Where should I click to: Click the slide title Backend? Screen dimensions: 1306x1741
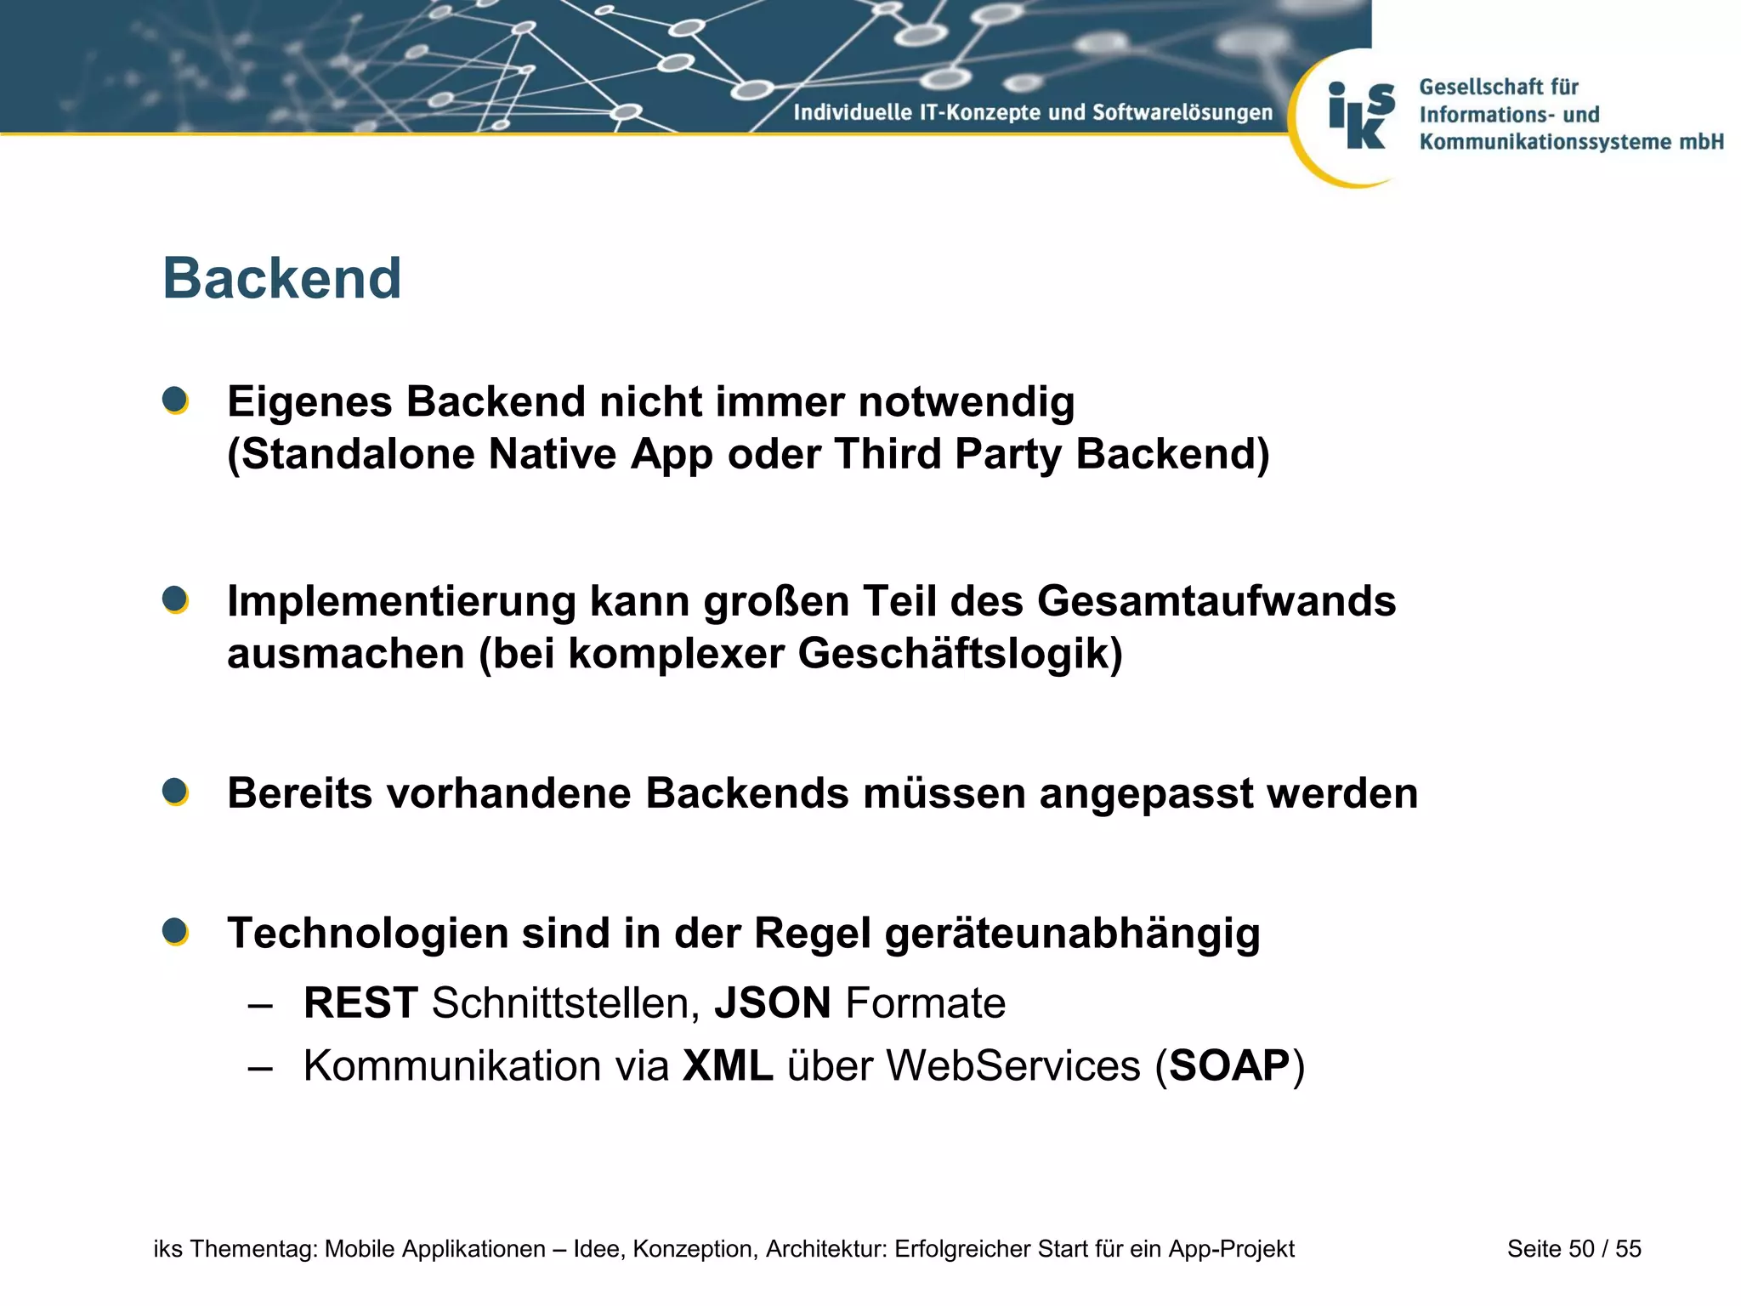[x=281, y=279]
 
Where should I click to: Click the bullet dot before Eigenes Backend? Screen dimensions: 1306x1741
[x=175, y=400]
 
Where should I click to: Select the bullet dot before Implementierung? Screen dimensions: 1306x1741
[x=175, y=599]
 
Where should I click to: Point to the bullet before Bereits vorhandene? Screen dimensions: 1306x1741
[x=175, y=792]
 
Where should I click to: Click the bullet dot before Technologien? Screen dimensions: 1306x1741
[x=175, y=932]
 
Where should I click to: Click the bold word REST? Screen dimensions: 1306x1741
[x=360, y=1003]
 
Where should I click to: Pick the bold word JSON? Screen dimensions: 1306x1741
[x=772, y=1003]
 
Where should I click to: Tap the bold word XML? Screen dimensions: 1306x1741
[x=728, y=1066]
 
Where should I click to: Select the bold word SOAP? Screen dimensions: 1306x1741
[x=1229, y=1066]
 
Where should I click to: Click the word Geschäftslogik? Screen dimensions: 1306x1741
[x=959, y=655]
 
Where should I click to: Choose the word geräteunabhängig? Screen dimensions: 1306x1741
[x=1072, y=934]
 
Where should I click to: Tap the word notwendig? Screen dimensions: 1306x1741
[x=966, y=402]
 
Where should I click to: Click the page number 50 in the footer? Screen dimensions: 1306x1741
[x=1581, y=1249]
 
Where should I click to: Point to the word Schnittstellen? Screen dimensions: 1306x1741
[x=565, y=1003]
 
